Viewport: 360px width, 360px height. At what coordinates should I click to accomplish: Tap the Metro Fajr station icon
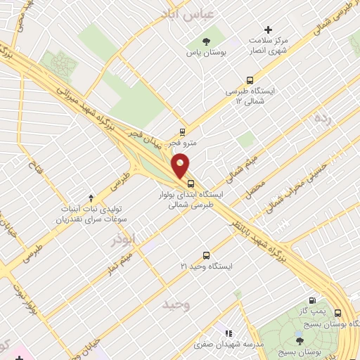tap(183, 131)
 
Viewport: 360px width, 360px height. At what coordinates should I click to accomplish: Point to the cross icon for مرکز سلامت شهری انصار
tap(267, 30)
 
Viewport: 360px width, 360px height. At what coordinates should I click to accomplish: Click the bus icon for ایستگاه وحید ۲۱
tap(205, 255)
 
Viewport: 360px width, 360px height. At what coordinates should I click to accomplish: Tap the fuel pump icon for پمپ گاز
tap(301, 302)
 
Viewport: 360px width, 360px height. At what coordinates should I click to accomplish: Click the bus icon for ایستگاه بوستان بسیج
tap(337, 314)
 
